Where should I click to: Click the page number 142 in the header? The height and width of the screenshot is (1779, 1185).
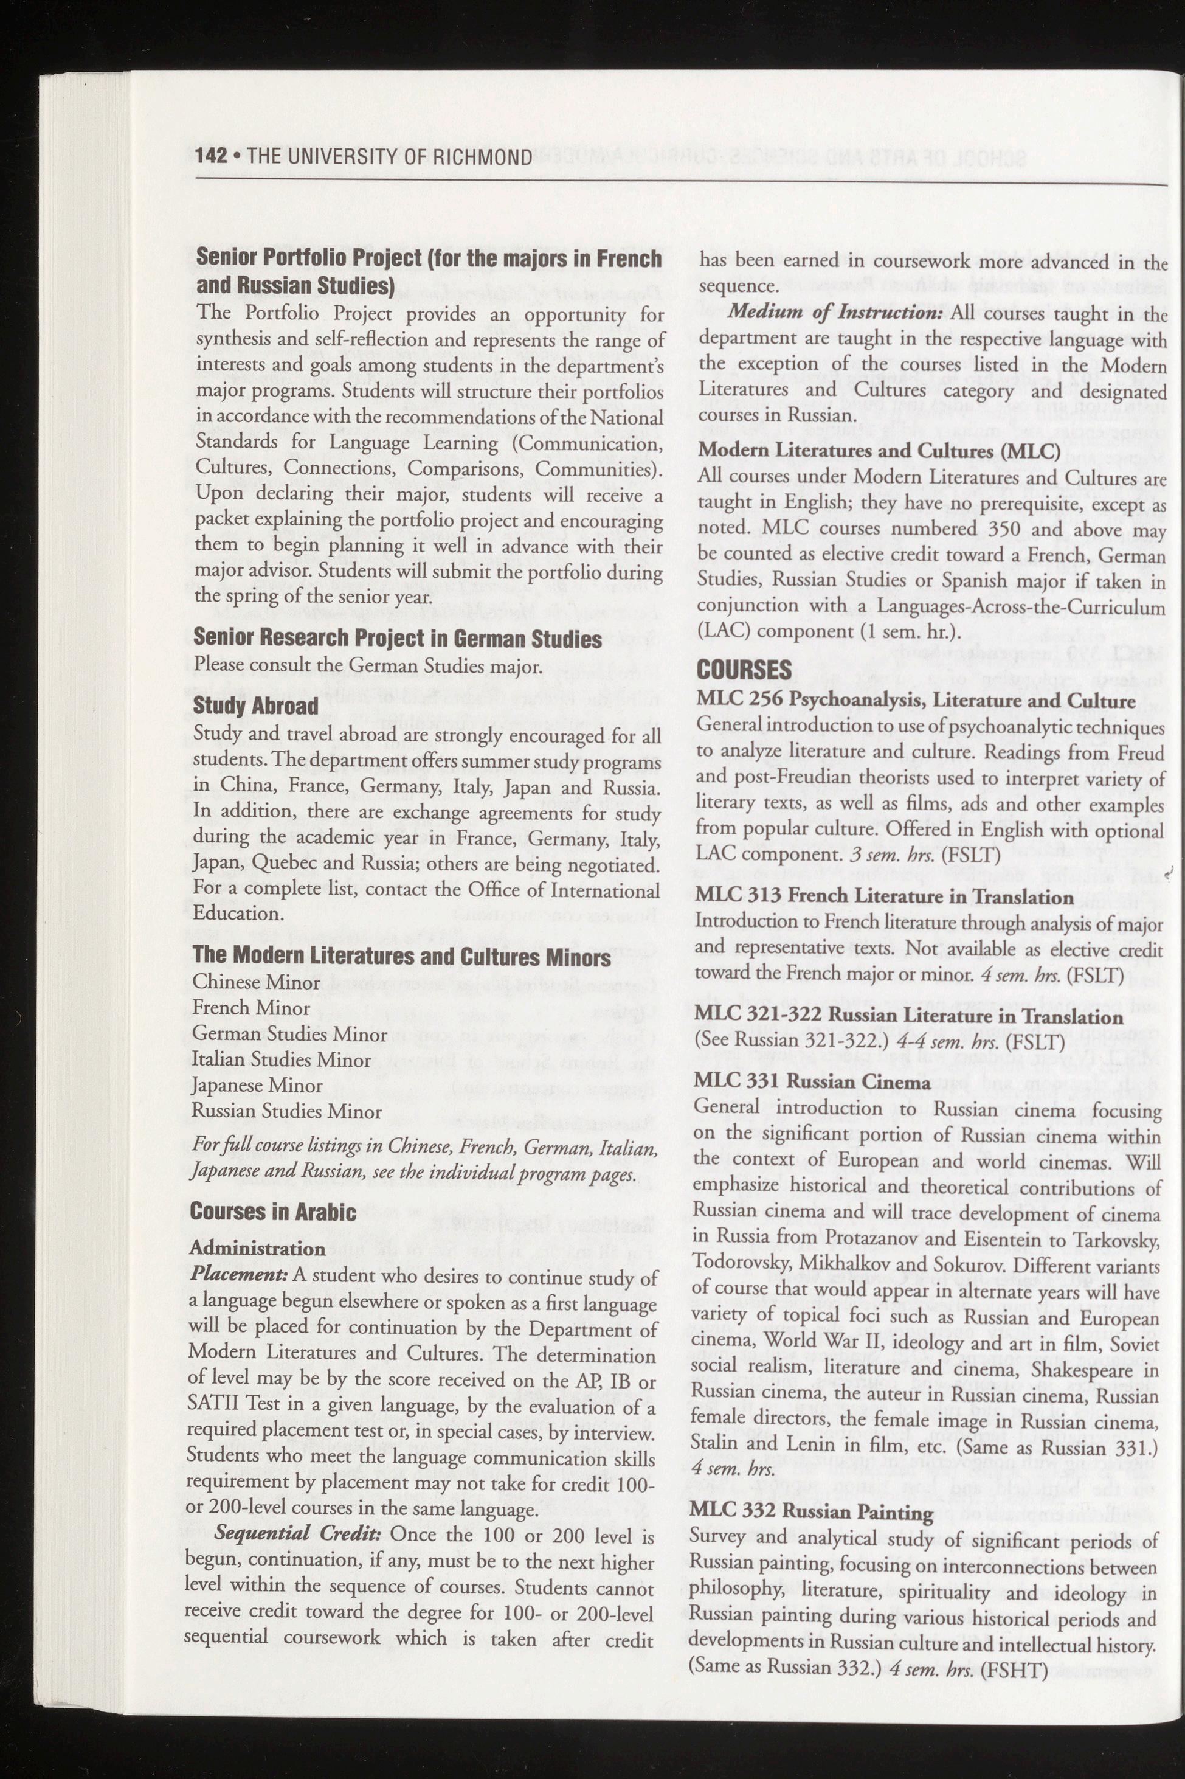tap(211, 156)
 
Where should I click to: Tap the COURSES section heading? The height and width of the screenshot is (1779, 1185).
tap(744, 669)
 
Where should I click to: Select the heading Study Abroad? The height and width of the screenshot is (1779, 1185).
tap(255, 706)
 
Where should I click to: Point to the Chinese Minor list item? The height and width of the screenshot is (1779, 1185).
tap(256, 982)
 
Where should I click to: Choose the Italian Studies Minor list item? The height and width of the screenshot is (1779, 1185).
tap(281, 1060)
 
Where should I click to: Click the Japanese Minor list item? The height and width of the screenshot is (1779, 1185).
tap(257, 1086)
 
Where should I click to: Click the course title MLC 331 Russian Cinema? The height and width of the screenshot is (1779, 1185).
tap(812, 1082)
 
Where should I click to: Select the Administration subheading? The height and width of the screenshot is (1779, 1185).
tap(258, 1248)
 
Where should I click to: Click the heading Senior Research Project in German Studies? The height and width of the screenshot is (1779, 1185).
tap(398, 639)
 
